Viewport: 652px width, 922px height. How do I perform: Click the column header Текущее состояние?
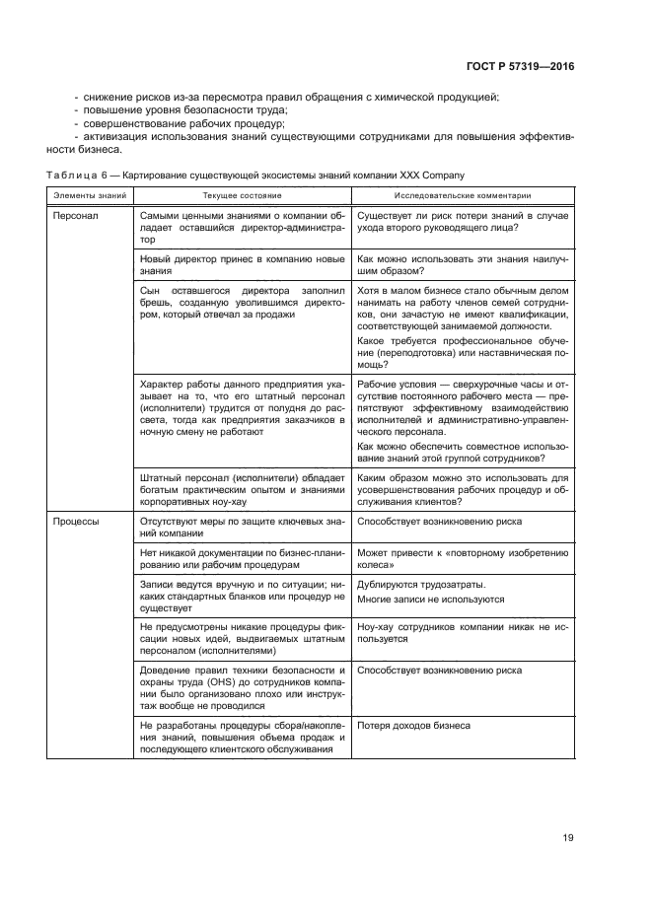[242, 195]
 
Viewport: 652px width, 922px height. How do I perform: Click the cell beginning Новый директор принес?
[243, 264]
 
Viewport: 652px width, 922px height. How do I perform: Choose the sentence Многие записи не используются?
[430, 600]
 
